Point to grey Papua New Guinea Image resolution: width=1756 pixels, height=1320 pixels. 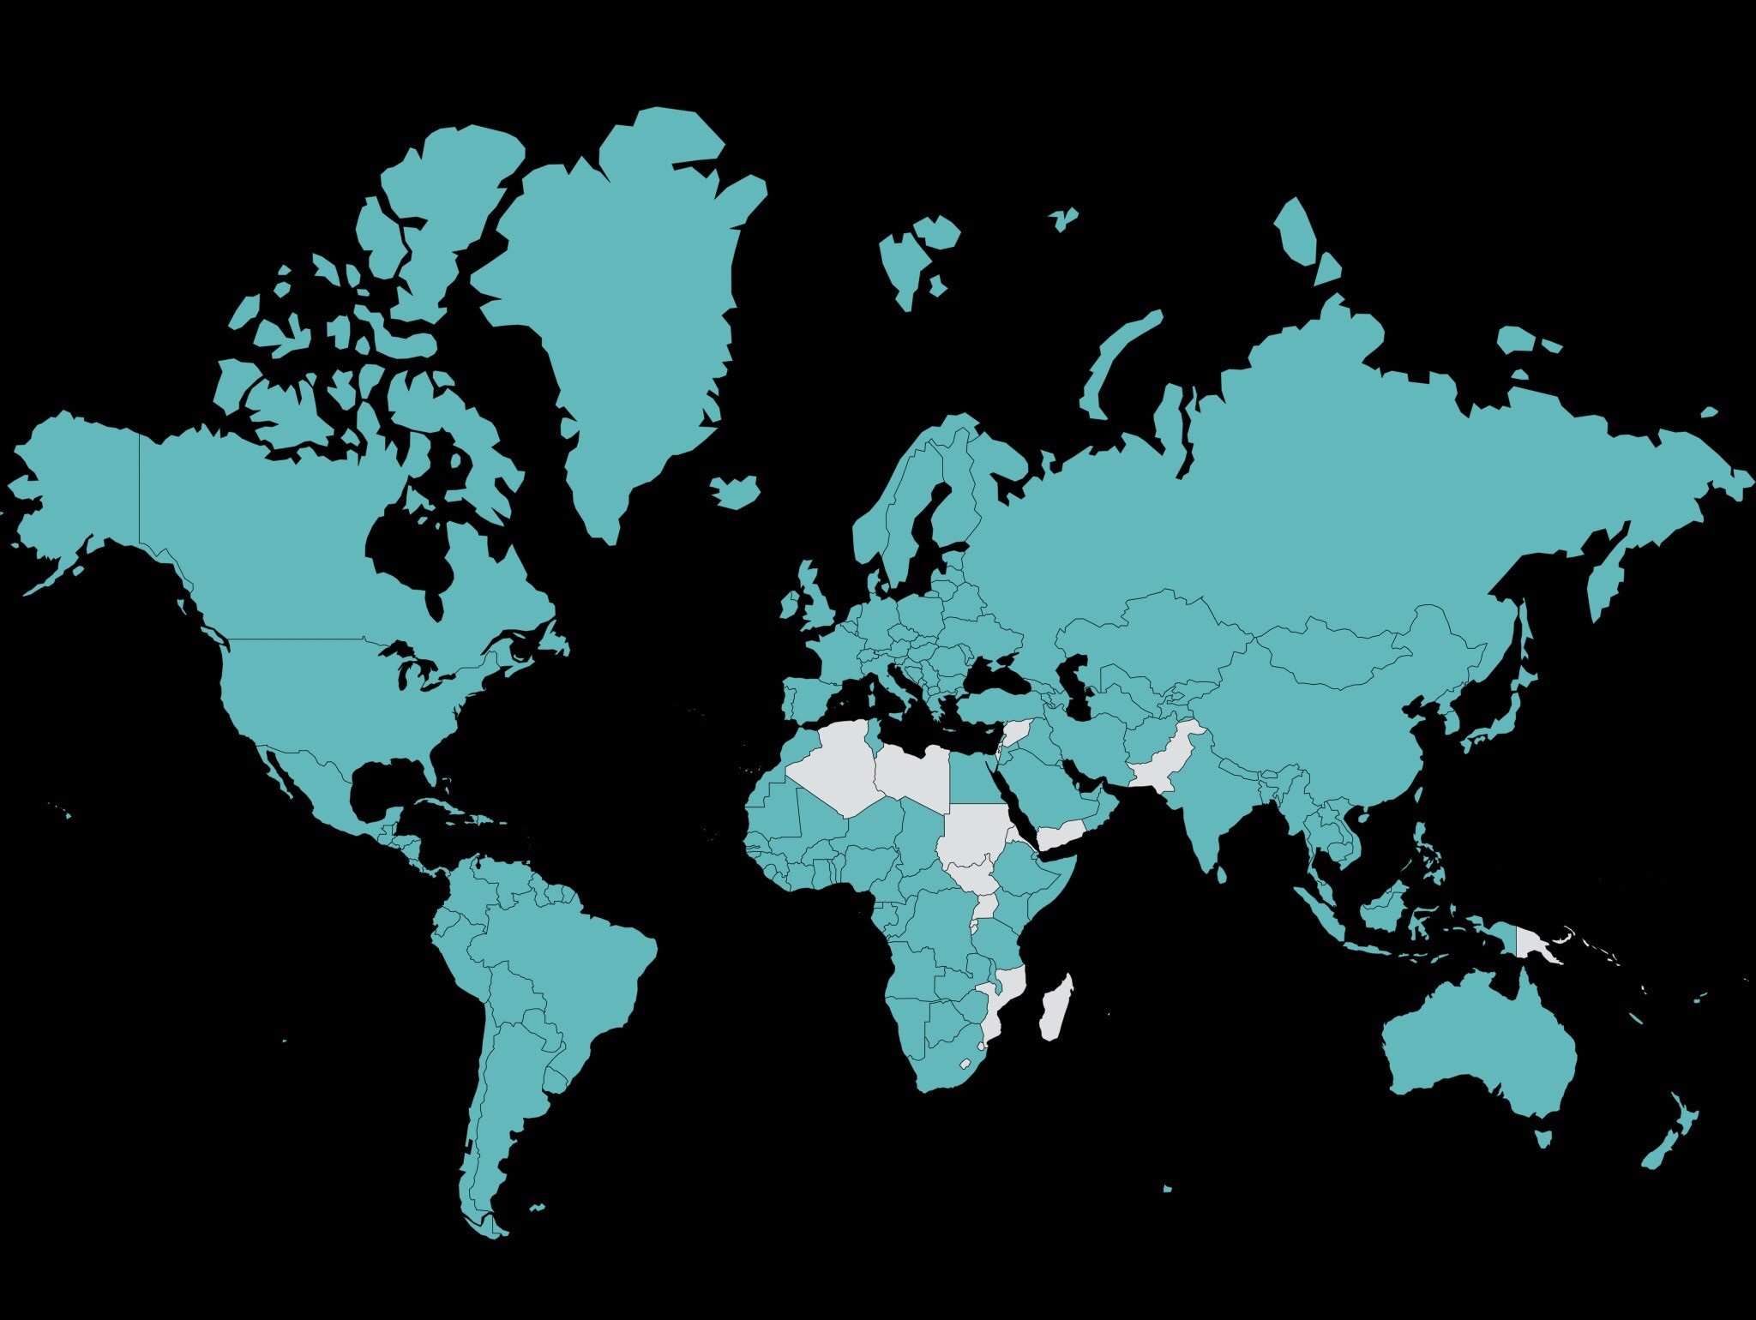1535,944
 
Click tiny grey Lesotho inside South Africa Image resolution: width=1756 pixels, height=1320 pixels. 965,1064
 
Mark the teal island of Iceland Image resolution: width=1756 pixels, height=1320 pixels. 736,491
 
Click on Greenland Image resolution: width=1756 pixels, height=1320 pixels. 617,300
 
